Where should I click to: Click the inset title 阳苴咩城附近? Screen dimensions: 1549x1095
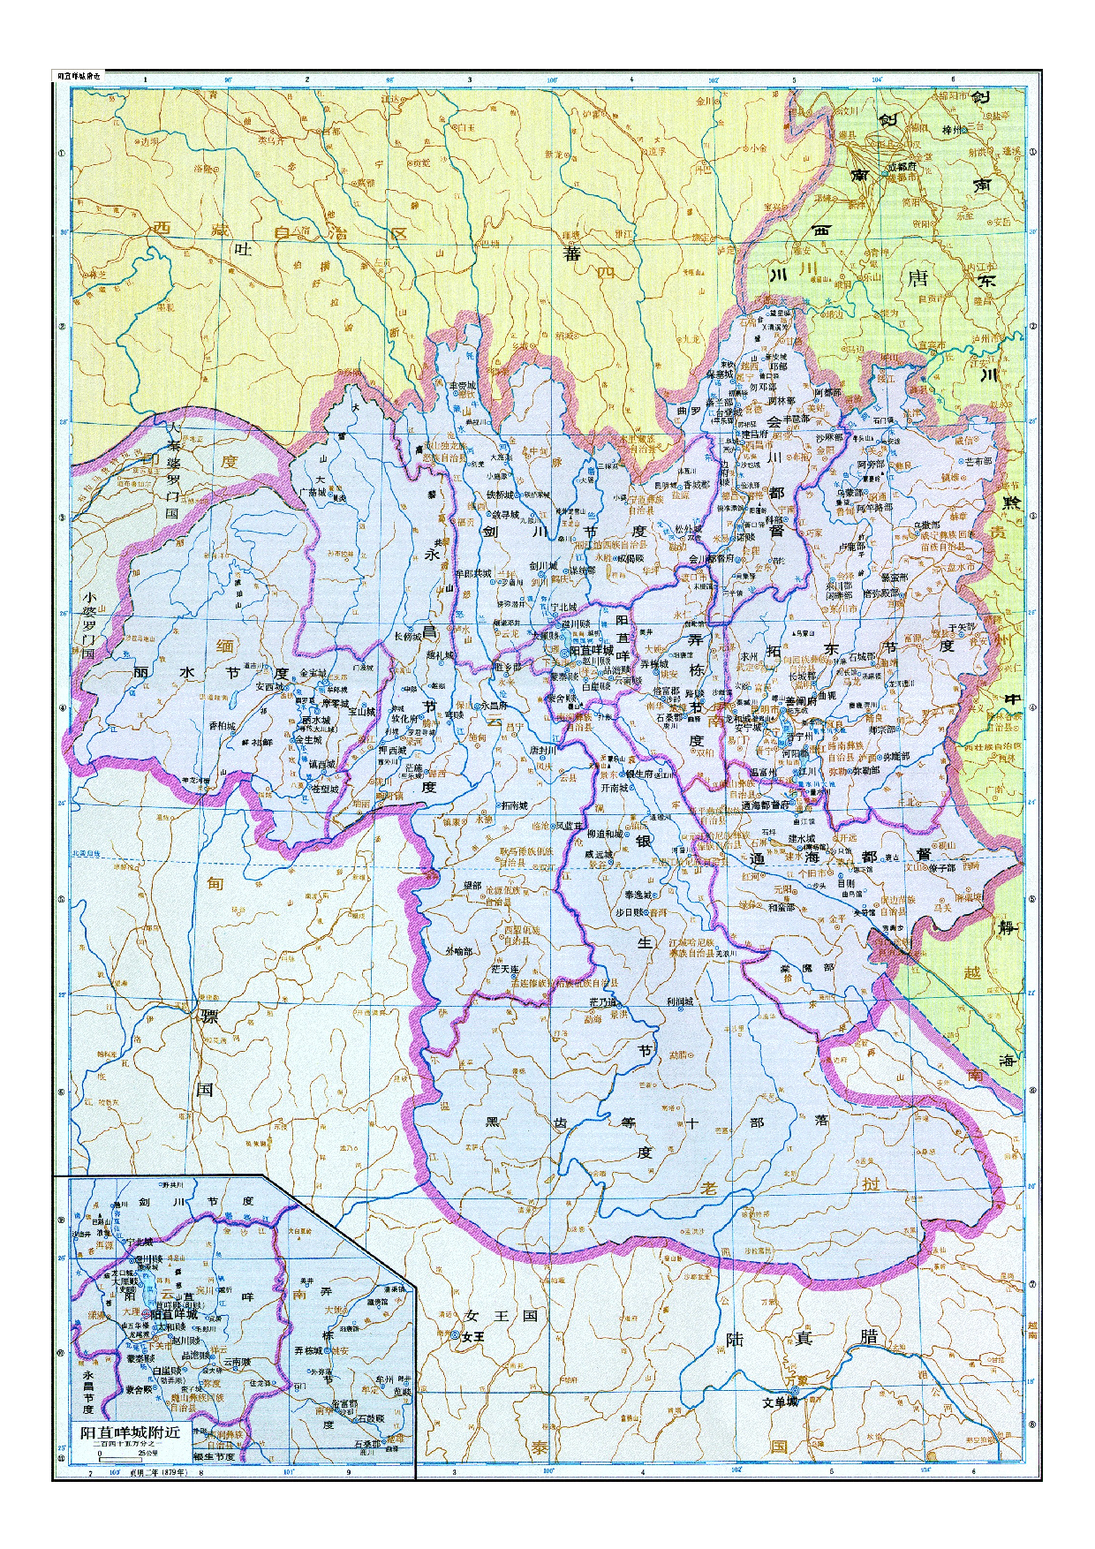coord(130,1432)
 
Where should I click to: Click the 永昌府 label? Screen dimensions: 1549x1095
coord(494,706)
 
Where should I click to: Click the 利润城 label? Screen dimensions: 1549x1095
coord(680,1001)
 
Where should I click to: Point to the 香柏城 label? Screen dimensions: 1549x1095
coord(222,725)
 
